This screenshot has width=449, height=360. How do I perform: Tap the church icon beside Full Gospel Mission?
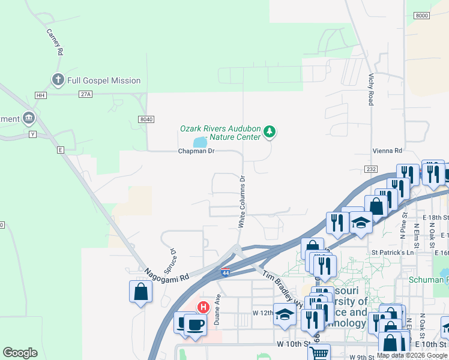(x=58, y=80)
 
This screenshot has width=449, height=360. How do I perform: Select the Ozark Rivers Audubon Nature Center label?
(x=220, y=133)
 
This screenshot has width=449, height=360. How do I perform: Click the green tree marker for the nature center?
(x=270, y=131)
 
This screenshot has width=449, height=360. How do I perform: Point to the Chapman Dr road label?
(x=196, y=151)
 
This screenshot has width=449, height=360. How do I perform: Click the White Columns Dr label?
(x=243, y=202)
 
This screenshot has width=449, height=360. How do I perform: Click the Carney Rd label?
(x=55, y=42)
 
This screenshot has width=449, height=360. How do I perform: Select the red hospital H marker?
(x=203, y=307)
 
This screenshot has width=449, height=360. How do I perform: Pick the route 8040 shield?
(x=145, y=119)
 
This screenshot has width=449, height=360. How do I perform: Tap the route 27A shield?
(x=85, y=94)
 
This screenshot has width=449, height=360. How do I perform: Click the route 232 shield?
(x=371, y=169)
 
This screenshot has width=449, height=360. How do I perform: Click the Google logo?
(x=20, y=353)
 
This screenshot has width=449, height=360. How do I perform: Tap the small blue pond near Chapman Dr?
(x=200, y=142)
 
